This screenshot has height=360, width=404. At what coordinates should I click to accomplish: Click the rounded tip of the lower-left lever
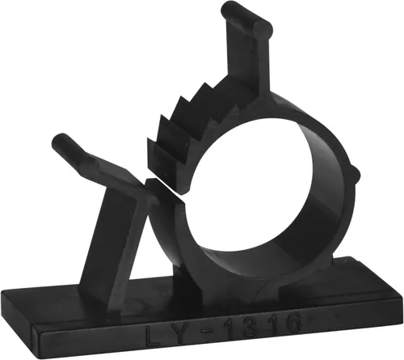(60, 141)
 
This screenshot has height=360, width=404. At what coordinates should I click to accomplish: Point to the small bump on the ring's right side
(356, 175)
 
